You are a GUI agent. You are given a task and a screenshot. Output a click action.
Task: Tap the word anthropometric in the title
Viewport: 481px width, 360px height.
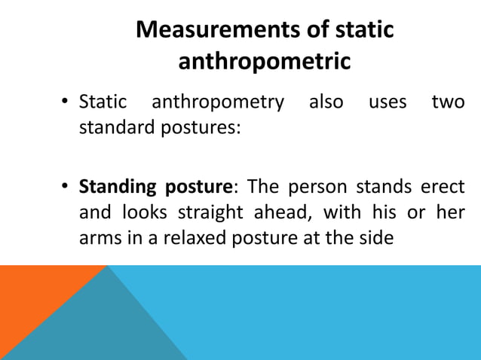(264, 62)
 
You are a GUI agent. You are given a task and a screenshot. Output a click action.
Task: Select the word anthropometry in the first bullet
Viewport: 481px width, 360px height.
(219, 102)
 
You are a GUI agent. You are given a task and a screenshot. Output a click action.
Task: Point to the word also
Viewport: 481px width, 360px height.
(326, 102)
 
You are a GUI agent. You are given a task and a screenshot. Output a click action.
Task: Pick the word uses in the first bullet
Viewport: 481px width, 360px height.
(388, 102)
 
